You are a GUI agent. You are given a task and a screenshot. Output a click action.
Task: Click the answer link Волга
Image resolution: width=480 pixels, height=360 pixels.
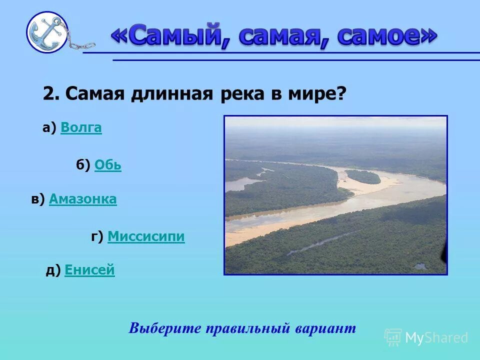click(81, 128)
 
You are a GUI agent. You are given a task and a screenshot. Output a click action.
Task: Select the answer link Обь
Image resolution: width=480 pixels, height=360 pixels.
click(107, 165)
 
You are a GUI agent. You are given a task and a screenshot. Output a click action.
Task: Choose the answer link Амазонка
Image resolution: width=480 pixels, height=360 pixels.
click(83, 199)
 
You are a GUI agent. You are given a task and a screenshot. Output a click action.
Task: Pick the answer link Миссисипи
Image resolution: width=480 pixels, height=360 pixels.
click(146, 236)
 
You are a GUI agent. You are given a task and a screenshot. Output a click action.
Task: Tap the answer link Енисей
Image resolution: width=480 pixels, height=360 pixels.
click(89, 270)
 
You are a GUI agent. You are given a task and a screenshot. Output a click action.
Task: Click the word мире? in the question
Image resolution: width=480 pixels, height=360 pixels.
click(318, 93)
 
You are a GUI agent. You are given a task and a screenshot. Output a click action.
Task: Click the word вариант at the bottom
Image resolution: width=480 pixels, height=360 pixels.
click(325, 328)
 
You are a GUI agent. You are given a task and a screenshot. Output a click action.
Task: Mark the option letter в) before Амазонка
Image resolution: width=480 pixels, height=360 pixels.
click(38, 199)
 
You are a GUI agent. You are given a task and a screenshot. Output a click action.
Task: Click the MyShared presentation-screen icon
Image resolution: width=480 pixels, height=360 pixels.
click(393, 337)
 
